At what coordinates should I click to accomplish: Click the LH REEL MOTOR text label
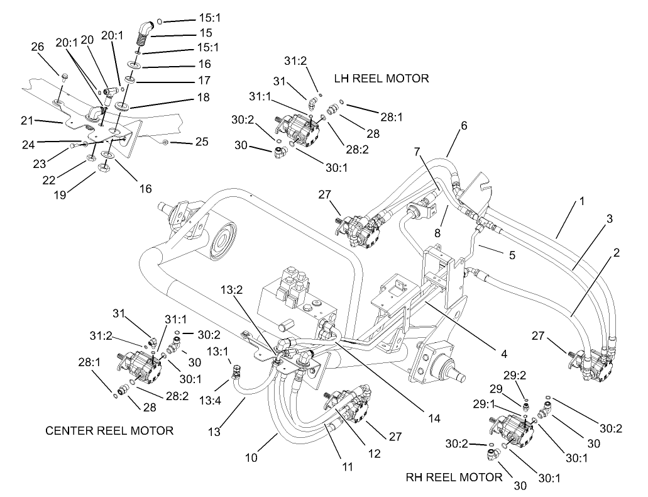382,79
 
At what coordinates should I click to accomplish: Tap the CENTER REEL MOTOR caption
109,431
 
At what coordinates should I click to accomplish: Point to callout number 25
202,143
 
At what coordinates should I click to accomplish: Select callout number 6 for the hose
464,126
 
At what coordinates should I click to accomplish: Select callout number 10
251,457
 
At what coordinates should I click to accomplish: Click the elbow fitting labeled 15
146,31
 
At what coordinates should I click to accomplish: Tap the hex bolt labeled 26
65,77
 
